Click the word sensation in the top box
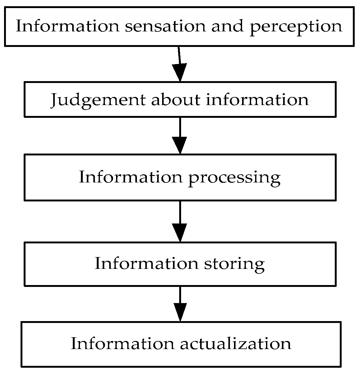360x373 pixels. click(x=165, y=26)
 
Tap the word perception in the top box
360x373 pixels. click(x=296, y=27)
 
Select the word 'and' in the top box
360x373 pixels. click(x=227, y=26)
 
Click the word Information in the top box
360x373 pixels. click(x=67, y=26)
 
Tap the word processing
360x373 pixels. click(x=234, y=178)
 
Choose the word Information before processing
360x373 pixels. click(x=130, y=177)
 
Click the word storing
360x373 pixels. click(x=234, y=264)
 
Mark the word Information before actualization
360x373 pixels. click(x=122, y=344)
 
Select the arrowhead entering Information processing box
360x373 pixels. click(x=180, y=145)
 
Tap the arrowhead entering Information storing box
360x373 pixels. click(x=180, y=232)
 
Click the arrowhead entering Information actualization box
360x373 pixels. click(x=180, y=312)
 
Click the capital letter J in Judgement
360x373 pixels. click(x=55, y=100)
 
